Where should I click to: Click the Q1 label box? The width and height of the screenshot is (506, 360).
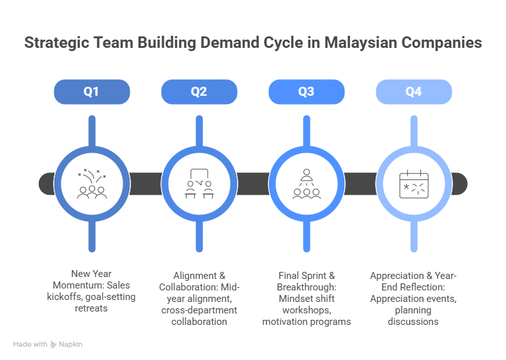(x=92, y=92)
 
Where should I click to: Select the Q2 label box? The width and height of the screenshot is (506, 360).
(x=199, y=92)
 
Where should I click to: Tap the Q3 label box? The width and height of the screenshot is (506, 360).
(x=307, y=92)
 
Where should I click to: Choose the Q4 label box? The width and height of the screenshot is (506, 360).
(x=414, y=92)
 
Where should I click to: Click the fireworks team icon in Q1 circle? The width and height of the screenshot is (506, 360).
(x=92, y=184)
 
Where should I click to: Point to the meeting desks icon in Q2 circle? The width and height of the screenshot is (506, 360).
(x=199, y=184)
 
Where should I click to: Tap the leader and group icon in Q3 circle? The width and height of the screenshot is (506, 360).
(x=307, y=184)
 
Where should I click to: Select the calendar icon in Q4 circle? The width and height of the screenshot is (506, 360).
(x=414, y=184)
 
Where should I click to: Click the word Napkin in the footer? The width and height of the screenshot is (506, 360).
(x=72, y=345)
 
